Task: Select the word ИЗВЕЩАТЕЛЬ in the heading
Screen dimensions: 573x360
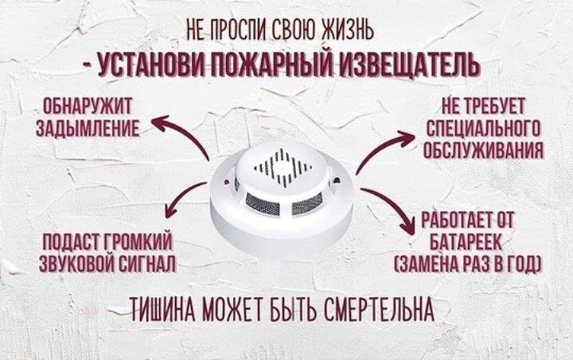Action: tap(409, 65)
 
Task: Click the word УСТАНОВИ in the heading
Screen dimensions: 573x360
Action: tap(152, 66)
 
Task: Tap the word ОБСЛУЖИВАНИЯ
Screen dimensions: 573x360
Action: tap(483, 149)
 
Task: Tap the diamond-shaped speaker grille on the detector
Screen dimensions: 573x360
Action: tap(283, 166)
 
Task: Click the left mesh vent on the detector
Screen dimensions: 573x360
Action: tap(263, 204)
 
